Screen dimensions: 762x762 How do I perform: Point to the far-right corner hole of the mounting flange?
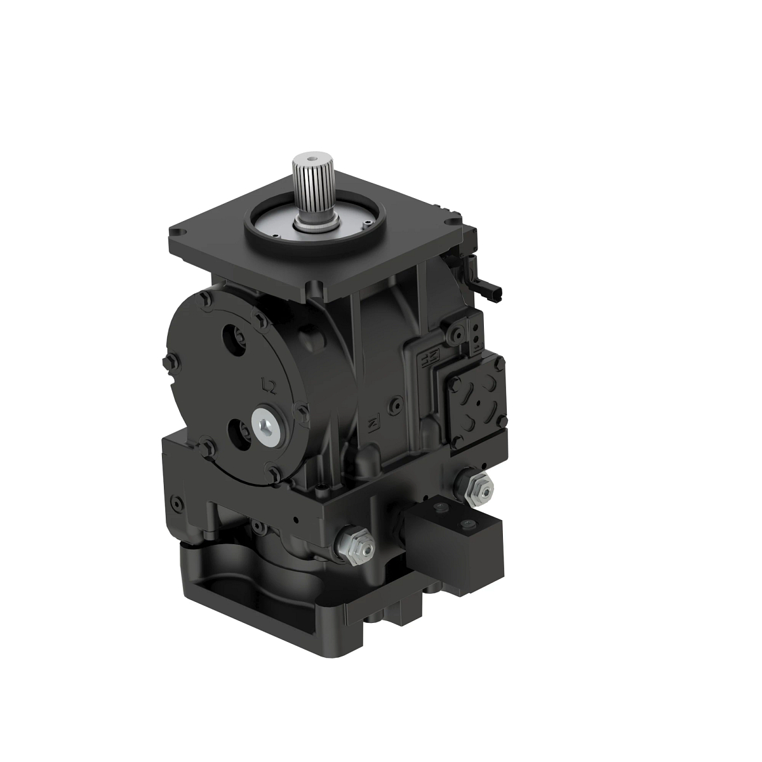[x=451, y=220]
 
